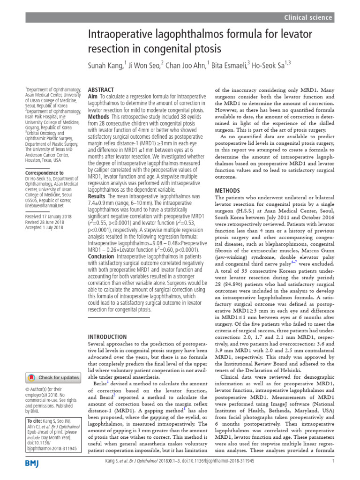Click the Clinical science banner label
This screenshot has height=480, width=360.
308,17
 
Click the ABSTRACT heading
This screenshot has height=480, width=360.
101,89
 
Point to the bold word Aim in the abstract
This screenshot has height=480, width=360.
93,96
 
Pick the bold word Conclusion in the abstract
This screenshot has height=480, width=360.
102,256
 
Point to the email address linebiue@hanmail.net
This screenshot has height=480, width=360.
45,205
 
